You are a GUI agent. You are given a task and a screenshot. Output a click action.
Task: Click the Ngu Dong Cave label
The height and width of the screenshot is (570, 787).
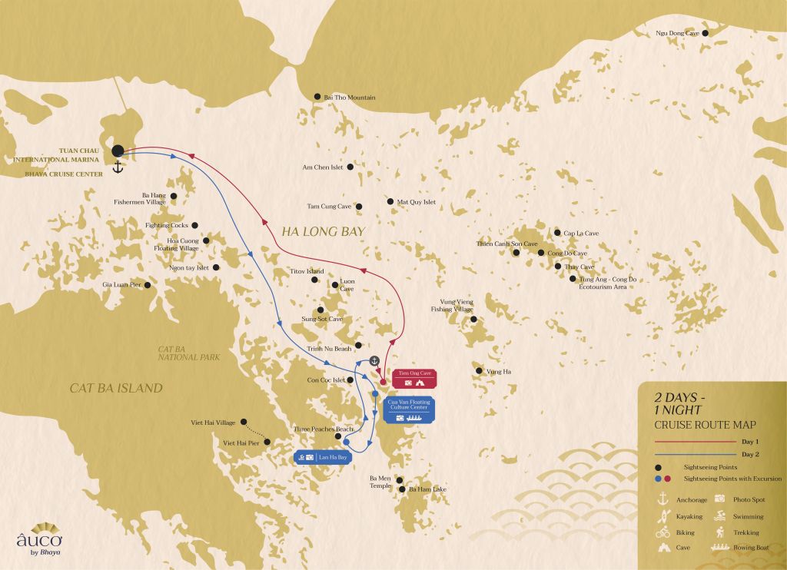tap(677, 34)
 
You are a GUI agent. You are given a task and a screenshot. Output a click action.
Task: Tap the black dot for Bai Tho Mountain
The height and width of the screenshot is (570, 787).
tap(317, 97)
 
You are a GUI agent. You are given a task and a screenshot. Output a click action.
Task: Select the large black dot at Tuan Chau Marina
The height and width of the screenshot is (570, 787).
tap(118, 151)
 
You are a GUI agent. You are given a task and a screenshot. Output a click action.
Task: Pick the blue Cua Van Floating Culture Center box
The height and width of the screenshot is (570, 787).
tap(409, 409)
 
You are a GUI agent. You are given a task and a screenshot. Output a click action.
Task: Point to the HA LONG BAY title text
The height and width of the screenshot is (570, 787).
tap(312, 230)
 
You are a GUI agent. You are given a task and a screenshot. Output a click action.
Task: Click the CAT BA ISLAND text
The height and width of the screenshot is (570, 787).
tap(116, 388)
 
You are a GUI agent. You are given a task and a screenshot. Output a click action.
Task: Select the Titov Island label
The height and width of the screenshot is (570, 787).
tap(307, 272)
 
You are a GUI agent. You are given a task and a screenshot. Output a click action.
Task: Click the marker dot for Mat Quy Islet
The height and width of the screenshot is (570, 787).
tap(390, 202)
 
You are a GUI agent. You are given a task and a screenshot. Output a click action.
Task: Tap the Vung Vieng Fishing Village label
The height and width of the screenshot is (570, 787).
tap(451, 306)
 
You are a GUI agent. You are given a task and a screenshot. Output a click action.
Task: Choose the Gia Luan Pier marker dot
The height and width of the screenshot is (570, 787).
tap(148, 284)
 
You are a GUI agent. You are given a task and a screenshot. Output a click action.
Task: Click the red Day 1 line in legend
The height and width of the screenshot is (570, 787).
tap(695, 442)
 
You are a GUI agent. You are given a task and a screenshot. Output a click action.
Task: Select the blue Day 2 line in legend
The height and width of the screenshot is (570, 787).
tap(695, 455)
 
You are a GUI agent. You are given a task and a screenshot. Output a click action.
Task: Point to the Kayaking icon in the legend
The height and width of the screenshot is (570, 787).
tap(661, 516)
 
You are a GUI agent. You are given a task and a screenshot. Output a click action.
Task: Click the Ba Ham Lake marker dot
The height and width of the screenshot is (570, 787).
tap(402, 489)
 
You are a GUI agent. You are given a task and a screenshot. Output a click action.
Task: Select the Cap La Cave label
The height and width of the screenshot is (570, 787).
tap(580, 233)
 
